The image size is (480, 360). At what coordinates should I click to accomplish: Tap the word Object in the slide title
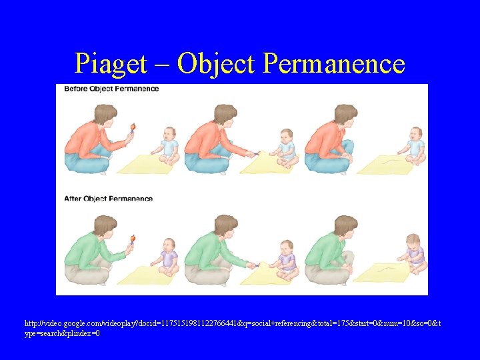tap(217, 64)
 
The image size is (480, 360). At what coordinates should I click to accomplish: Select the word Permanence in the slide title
tap(334, 64)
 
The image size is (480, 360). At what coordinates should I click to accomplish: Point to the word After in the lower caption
tap(73, 199)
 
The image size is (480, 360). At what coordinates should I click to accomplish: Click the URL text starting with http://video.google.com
tap(233, 328)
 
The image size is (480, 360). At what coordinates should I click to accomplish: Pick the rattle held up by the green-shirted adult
tap(133, 239)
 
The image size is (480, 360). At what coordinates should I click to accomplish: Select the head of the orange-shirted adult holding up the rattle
tap(105, 115)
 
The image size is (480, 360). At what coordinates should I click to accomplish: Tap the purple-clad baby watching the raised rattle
tap(169, 257)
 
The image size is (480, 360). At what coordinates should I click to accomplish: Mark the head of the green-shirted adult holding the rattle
tap(105, 226)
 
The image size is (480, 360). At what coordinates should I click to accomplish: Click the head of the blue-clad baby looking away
tap(415, 132)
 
